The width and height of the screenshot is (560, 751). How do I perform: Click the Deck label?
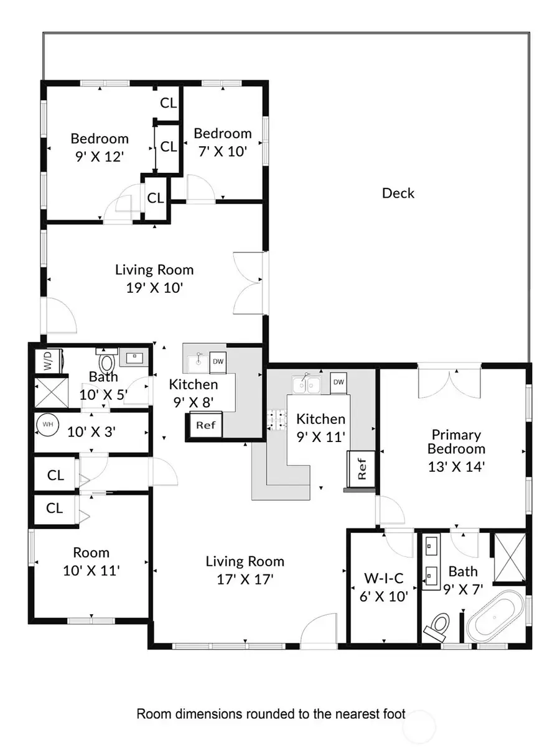[398, 193]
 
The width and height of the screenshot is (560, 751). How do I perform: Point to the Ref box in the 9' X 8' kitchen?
[205, 426]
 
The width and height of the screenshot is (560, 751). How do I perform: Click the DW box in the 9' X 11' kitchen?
[338, 382]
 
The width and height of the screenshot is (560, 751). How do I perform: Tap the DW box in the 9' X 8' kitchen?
[218, 361]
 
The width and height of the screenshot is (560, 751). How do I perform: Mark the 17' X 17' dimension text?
[245, 579]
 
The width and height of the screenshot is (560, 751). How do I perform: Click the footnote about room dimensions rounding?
[271, 714]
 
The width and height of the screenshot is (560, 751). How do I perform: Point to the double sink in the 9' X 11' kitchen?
[307, 385]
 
